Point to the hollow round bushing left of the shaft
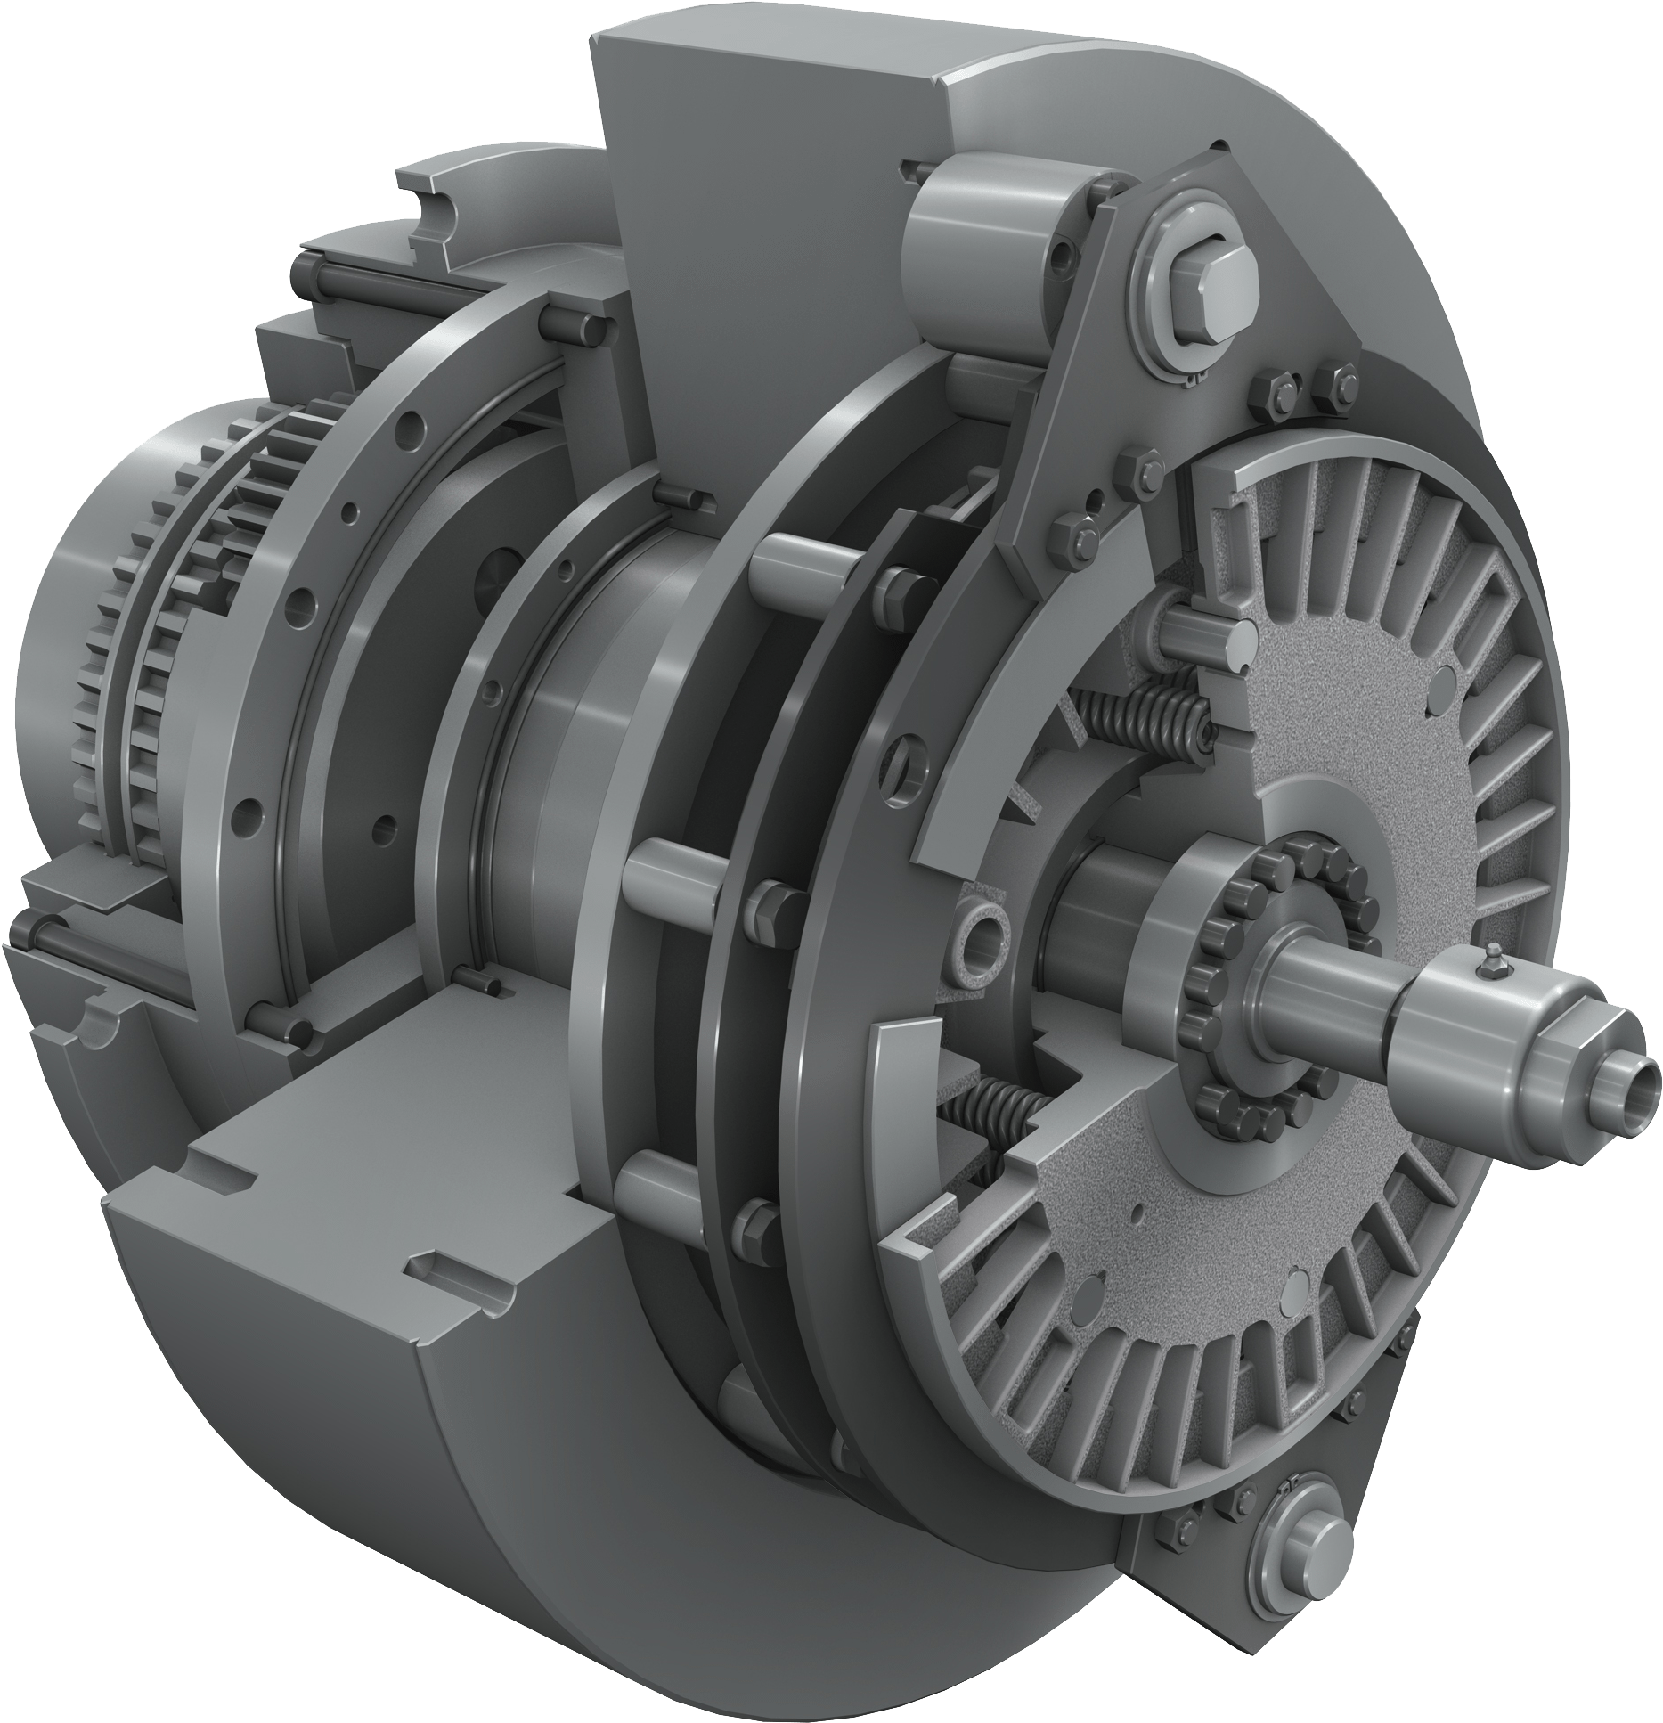[982, 937]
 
